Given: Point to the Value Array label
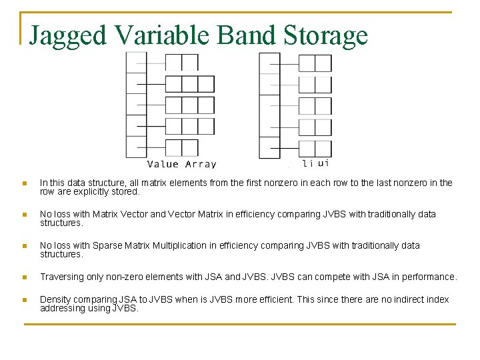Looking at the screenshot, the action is point(181,164).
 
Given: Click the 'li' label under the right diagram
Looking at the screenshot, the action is point(308,163).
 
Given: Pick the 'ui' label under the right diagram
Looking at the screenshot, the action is point(323,163).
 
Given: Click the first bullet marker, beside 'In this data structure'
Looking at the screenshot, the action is point(24,183).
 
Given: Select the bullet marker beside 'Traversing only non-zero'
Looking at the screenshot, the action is point(24,277).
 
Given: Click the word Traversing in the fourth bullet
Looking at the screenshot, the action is point(61,277).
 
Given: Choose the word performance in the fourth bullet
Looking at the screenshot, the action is point(431,277).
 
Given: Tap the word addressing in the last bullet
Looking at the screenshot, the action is point(61,308).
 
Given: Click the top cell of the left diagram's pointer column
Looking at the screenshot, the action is point(136,62).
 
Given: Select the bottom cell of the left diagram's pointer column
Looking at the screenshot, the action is point(136,147).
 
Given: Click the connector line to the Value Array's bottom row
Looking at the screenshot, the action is point(155,147).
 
